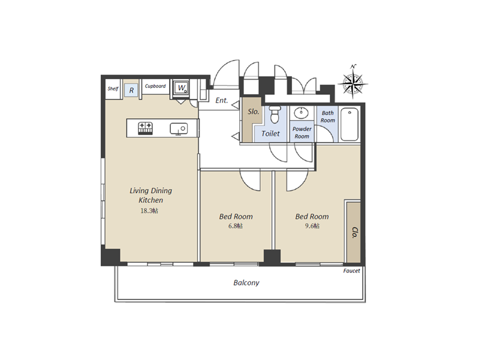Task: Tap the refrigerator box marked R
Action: coord(131,90)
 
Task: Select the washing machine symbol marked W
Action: coord(181,88)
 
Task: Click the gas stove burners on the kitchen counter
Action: coord(145,128)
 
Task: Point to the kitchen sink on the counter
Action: coord(179,129)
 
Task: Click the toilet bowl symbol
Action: coord(275,115)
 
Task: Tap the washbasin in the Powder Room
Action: coord(301,113)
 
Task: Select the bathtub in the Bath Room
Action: coord(350,124)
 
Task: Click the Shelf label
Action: coord(113,89)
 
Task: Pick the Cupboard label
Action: coord(155,86)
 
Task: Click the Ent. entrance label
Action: coord(221,100)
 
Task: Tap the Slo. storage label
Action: coord(253,112)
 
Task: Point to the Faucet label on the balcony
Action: coord(351,271)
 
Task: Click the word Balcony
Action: coord(246,283)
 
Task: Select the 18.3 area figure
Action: coord(149,211)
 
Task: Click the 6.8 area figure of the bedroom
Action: coord(236,226)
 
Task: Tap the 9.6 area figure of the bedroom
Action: coord(312,226)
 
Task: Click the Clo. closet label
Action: coord(354,232)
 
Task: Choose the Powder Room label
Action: coord(302,133)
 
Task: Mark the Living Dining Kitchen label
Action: coord(150,195)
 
